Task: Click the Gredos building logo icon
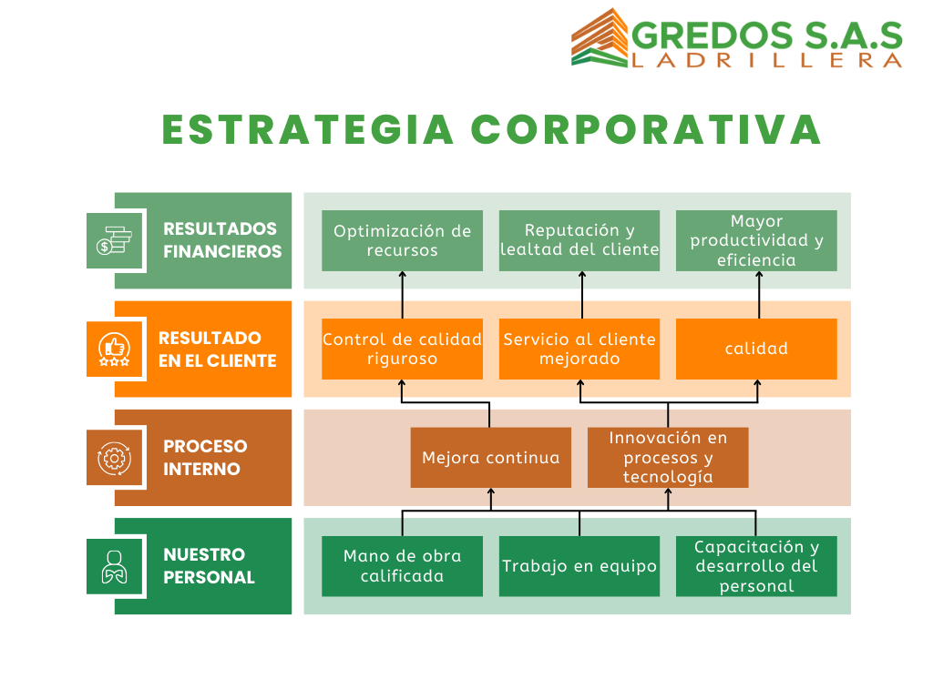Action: (x=600, y=37)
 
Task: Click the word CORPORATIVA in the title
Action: (x=646, y=129)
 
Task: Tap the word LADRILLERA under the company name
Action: (x=767, y=61)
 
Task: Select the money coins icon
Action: (x=114, y=240)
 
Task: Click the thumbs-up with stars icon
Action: (x=114, y=349)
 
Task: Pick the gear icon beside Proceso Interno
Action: (x=114, y=459)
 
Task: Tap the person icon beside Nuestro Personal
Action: (x=114, y=566)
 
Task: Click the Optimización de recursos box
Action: (x=402, y=240)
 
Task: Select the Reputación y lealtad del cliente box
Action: (x=579, y=240)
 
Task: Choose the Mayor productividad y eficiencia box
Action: (x=756, y=240)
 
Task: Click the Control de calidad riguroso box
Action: (x=402, y=349)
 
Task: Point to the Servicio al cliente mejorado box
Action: (x=579, y=349)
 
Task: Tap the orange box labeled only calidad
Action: (x=756, y=349)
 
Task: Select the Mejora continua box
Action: (x=491, y=458)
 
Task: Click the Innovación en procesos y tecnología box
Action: (x=668, y=458)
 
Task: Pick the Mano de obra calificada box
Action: (x=402, y=566)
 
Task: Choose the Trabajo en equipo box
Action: (x=579, y=566)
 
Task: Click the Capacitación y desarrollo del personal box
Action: (x=756, y=566)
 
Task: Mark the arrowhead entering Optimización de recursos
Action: (x=402, y=274)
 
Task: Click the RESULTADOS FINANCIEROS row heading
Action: (x=222, y=240)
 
